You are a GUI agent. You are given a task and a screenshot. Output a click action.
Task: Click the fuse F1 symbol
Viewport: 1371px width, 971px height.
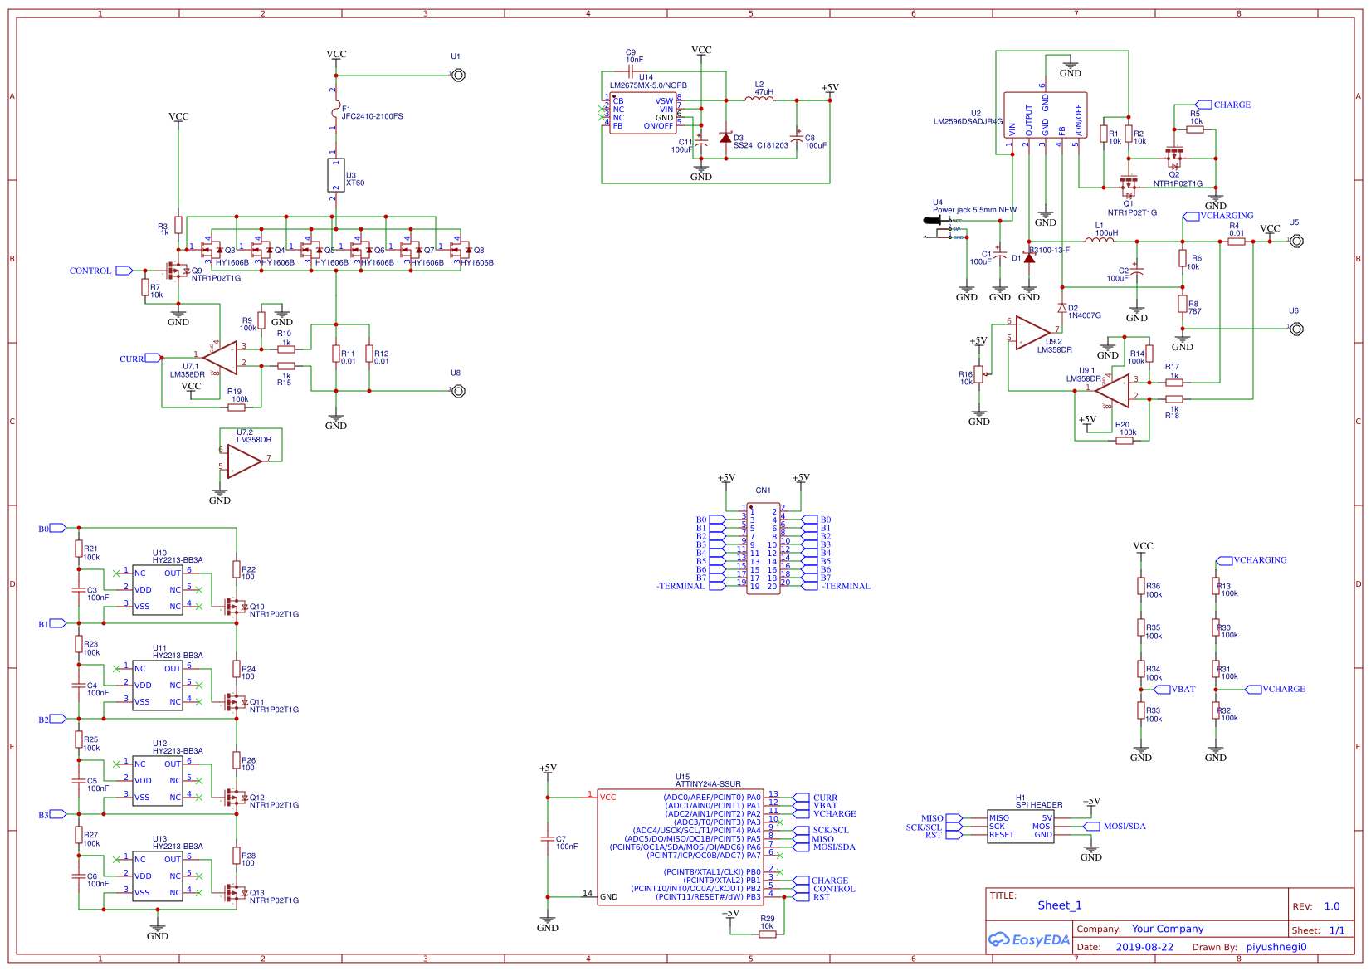pyautogui.click(x=335, y=110)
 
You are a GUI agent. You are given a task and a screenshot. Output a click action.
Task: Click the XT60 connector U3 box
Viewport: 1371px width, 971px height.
pyautogui.click(x=335, y=175)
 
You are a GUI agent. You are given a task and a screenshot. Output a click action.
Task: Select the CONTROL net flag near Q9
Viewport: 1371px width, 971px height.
pyautogui.click(x=124, y=271)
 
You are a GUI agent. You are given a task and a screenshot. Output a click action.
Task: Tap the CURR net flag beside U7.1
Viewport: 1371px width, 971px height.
pyautogui.click(x=153, y=359)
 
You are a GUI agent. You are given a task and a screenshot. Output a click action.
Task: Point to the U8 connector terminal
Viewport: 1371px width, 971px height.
pyautogui.click(x=458, y=391)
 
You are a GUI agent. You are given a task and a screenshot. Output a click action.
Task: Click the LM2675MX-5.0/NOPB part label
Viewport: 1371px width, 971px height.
pyautogui.click(x=648, y=85)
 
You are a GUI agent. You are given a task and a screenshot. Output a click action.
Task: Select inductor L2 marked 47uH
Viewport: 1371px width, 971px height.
pyautogui.click(x=759, y=100)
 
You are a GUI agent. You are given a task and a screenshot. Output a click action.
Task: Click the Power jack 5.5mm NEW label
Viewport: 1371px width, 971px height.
pyautogui.click(x=974, y=210)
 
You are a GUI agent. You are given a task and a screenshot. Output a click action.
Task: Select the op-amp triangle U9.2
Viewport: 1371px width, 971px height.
pyautogui.click(x=1032, y=333)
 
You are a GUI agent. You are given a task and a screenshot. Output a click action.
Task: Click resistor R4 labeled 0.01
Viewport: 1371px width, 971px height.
pyautogui.click(x=1237, y=242)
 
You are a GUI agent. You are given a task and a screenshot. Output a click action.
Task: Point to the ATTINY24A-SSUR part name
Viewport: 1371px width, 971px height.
pyautogui.click(x=708, y=783)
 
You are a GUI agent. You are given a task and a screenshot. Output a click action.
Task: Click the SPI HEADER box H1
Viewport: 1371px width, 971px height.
pyautogui.click(x=1020, y=827)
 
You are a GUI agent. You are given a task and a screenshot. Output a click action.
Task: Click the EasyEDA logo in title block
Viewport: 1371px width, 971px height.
pyautogui.click(x=1028, y=940)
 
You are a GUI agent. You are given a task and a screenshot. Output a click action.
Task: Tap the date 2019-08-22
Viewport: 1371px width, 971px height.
pyautogui.click(x=1144, y=947)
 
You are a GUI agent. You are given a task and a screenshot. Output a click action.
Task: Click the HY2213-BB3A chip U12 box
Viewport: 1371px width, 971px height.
pyautogui.click(x=158, y=781)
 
